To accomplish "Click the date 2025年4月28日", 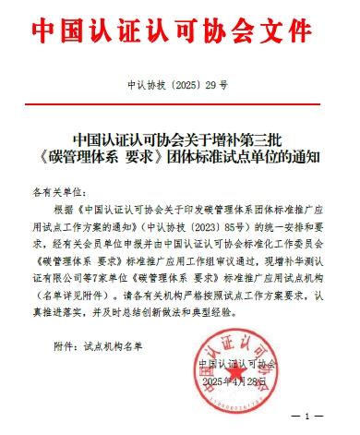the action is [246, 381].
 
